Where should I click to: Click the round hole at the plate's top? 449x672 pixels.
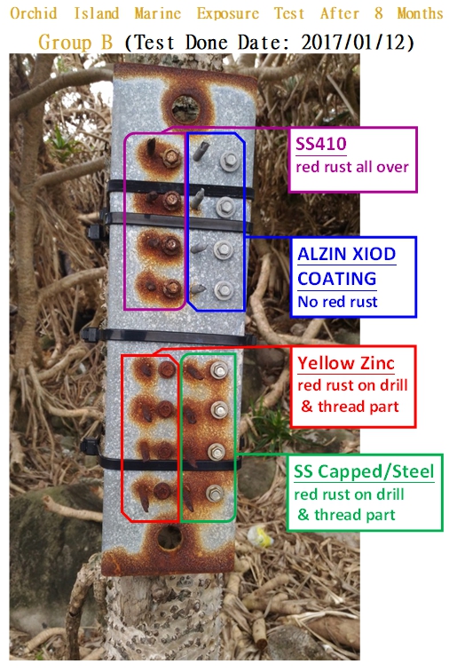click(x=185, y=108)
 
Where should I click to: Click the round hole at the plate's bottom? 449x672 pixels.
click(x=169, y=537)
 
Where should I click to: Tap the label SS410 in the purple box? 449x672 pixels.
click(x=321, y=144)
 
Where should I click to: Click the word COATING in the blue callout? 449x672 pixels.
click(x=337, y=279)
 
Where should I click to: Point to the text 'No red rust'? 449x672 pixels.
click(x=337, y=302)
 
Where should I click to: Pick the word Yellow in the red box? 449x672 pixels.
click(x=326, y=363)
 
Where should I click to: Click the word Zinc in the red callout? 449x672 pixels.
click(x=377, y=363)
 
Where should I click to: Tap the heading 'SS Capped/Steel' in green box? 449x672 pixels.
click(x=364, y=471)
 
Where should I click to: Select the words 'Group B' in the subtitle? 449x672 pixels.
click(x=75, y=43)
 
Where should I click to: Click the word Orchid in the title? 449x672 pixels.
click(x=34, y=13)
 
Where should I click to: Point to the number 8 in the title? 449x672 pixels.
click(x=378, y=13)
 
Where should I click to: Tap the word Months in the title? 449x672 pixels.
click(x=420, y=13)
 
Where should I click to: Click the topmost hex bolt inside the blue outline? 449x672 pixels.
click(x=229, y=162)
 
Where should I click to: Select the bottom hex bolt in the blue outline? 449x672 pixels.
click(x=224, y=291)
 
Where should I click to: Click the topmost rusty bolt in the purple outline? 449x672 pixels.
click(x=171, y=158)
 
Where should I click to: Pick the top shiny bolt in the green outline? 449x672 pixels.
click(x=219, y=370)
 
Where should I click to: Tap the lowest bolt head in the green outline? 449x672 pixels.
click(x=214, y=494)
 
